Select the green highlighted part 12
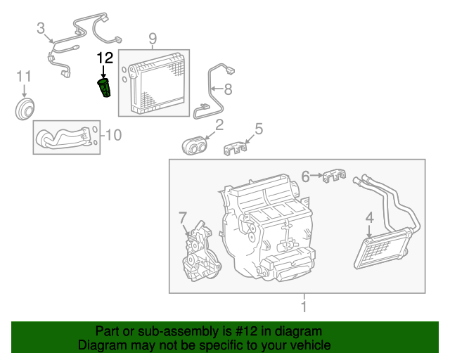pyautogui.click(x=104, y=89)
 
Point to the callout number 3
pyautogui.click(x=41, y=28)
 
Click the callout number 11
pyautogui.click(x=24, y=75)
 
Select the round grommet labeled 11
pyautogui.click(x=26, y=110)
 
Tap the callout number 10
pyautogui.click(x=112, y=134)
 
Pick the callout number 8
pyautogui.click(x=227, y=90)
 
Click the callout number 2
pyautogui.click(x=219, y=125)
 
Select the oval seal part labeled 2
pyautogui.click(x=194, y=146)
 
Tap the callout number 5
pyautogui.click(x=259, y=129)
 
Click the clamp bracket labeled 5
pyautogui.click(x=238, y=148)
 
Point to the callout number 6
pyautogui.click(x=305, y=175)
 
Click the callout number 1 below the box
pyautogui.click(x=303, y=307)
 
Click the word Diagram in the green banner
pyautogui.click(x=102, y=345)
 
